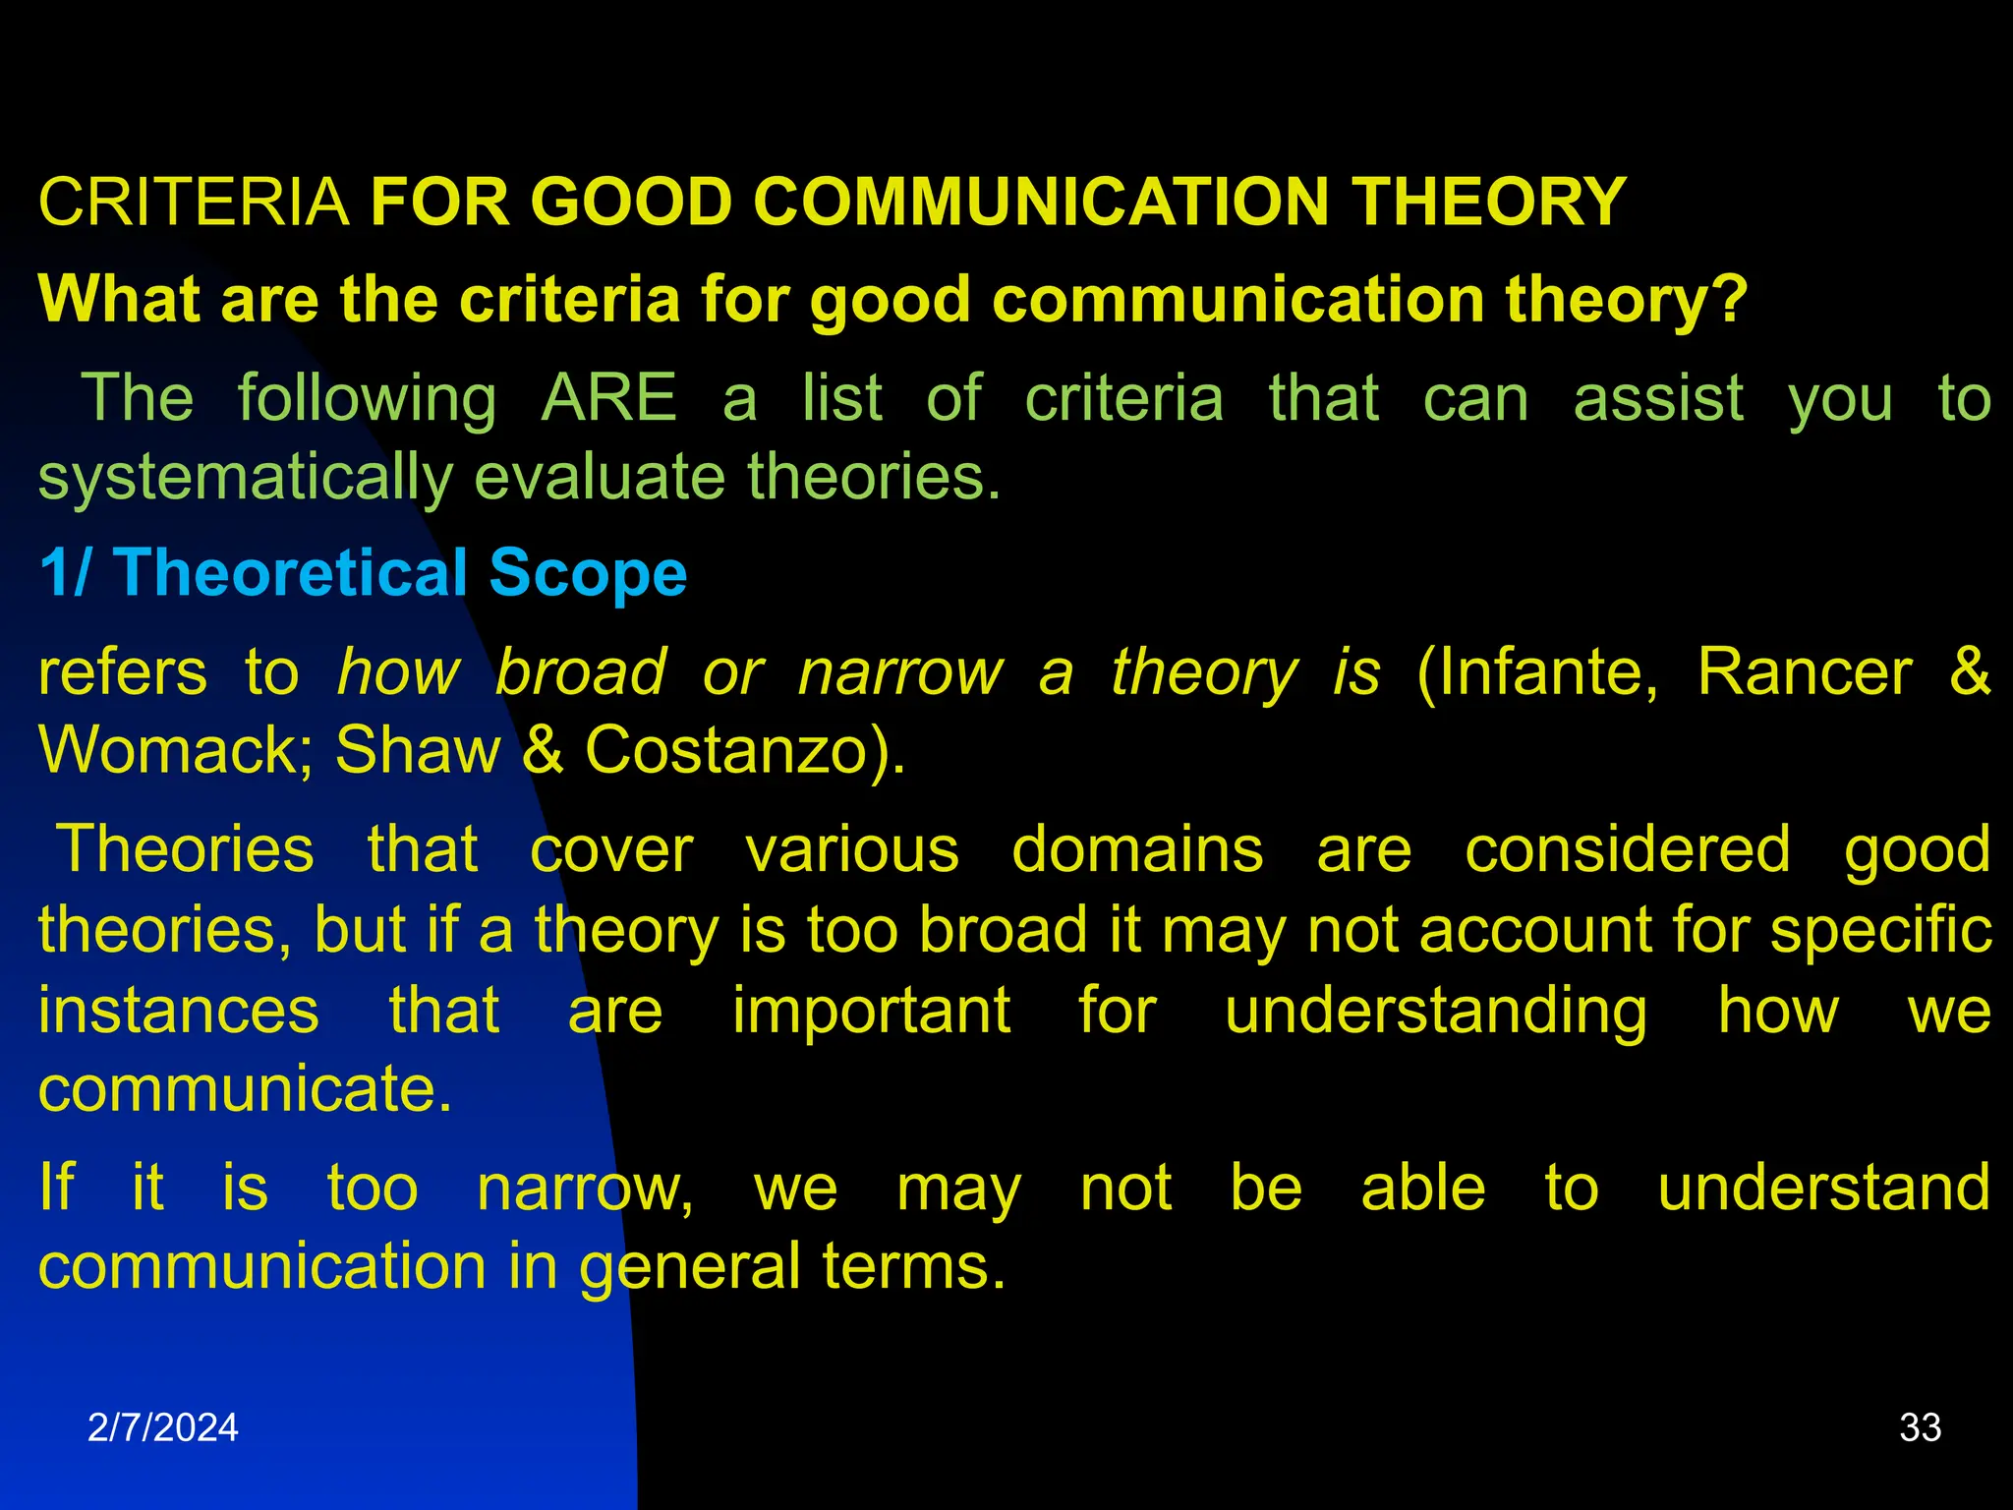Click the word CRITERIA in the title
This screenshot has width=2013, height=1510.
point(194,203)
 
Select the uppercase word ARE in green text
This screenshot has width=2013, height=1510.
point(609,399)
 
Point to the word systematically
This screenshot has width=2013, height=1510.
point(245,478)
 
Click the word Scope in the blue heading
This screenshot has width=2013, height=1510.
point(588,573)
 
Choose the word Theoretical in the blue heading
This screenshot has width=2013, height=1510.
point(291,573)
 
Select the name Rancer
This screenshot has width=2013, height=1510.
point(1805,673)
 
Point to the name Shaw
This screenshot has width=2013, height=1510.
point(418,751)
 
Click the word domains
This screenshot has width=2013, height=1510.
point(1137,850)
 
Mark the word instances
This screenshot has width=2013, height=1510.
point(179,1011)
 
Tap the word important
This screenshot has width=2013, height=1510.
point(871,1011)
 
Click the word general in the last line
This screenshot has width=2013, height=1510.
point(689,1267)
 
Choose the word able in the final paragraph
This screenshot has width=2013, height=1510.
point(1422,1189)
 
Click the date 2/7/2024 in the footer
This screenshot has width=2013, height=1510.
point(163,1427)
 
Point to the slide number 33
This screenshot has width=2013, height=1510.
point(1921,1427)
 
